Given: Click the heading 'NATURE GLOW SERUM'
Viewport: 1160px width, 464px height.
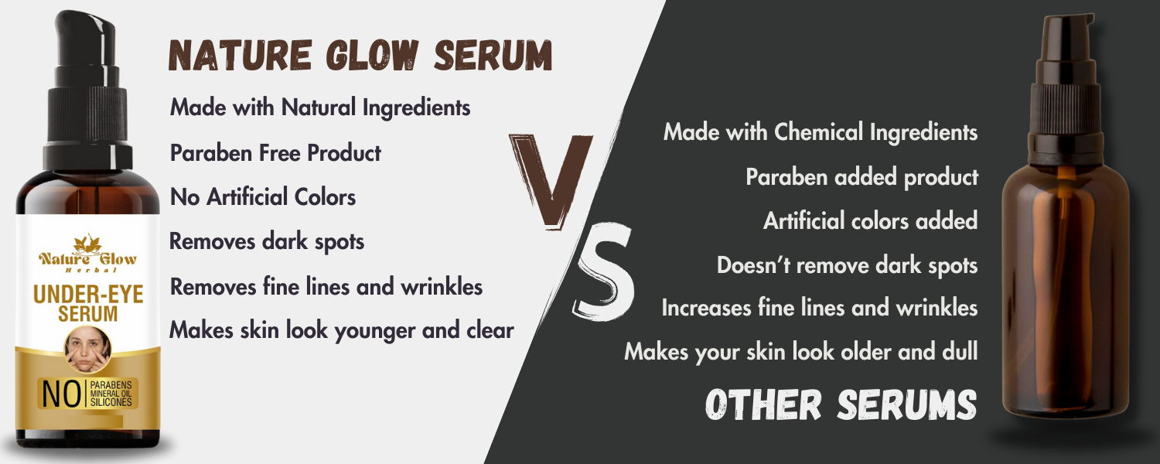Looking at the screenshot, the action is click(360, 55).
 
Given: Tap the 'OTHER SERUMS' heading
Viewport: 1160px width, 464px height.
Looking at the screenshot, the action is click(841, 404).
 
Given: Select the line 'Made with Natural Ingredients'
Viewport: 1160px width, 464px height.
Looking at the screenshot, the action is click(320, 107).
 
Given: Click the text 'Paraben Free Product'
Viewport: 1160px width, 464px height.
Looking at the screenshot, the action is click(275, 153).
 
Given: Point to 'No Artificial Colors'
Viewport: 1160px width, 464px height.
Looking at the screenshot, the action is click(263, 197).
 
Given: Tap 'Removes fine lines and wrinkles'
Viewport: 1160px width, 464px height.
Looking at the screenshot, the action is click(326, 286).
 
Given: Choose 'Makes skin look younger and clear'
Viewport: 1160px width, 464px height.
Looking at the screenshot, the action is click(342, 330).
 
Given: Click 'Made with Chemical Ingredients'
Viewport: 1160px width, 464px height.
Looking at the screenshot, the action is click(821, 132).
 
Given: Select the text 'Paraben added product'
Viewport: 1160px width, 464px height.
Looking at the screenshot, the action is click(861, 177).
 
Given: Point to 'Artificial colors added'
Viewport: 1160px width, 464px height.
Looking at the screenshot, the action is click(870, 221).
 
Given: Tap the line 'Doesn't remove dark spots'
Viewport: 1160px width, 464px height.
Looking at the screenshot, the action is click(848, 266).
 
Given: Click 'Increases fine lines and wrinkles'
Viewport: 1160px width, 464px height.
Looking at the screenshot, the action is click(819, 308).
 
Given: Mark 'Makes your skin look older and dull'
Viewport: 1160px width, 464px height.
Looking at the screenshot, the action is click(800, 352).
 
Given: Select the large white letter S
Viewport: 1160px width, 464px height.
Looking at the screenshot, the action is click(604, 272).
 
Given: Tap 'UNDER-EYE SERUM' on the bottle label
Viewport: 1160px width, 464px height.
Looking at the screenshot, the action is click(88, 303).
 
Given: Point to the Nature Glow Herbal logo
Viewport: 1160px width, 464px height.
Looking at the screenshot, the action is click(87, 254).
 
